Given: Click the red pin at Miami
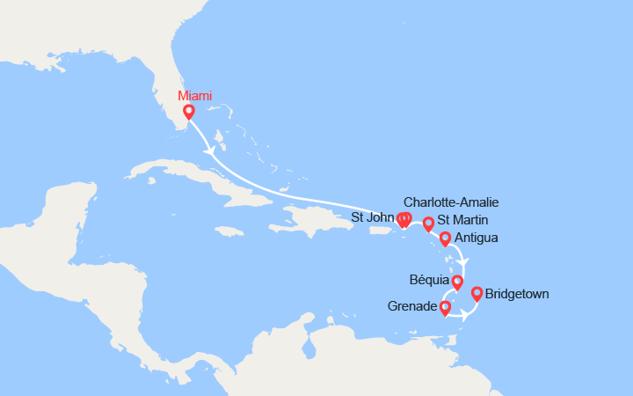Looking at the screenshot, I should coord(188,112).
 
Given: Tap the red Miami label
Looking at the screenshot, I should coord(194,96).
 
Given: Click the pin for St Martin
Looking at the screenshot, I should coord(428,224).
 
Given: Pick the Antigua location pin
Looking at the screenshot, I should coord(445,238).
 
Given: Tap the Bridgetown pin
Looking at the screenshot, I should coord(477,294).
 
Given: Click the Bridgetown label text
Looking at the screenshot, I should coord(517,294).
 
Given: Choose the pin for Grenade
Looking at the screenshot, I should coord(445,307).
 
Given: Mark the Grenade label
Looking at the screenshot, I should coord(412,307).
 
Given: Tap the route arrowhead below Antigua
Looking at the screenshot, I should coord(465,261).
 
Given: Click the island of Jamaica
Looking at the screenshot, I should coord(228,231).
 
